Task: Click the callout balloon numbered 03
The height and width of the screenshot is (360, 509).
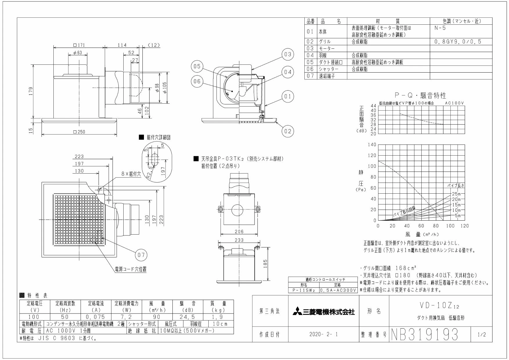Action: click(x=288, y=55)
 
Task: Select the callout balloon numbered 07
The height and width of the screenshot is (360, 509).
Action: click(x=141, y=255)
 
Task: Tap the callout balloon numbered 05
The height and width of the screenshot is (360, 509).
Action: click(x=197, y=66)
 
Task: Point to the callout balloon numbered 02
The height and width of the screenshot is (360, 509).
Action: click(x=288, y=131)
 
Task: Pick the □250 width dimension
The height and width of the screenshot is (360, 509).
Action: click(x=79, y=132)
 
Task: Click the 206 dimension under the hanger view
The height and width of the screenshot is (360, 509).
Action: click(x=239, y=232)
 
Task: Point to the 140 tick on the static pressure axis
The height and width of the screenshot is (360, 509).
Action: click(x=372, y=145)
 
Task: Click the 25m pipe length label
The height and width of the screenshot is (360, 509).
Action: click(x=456, y=194)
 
